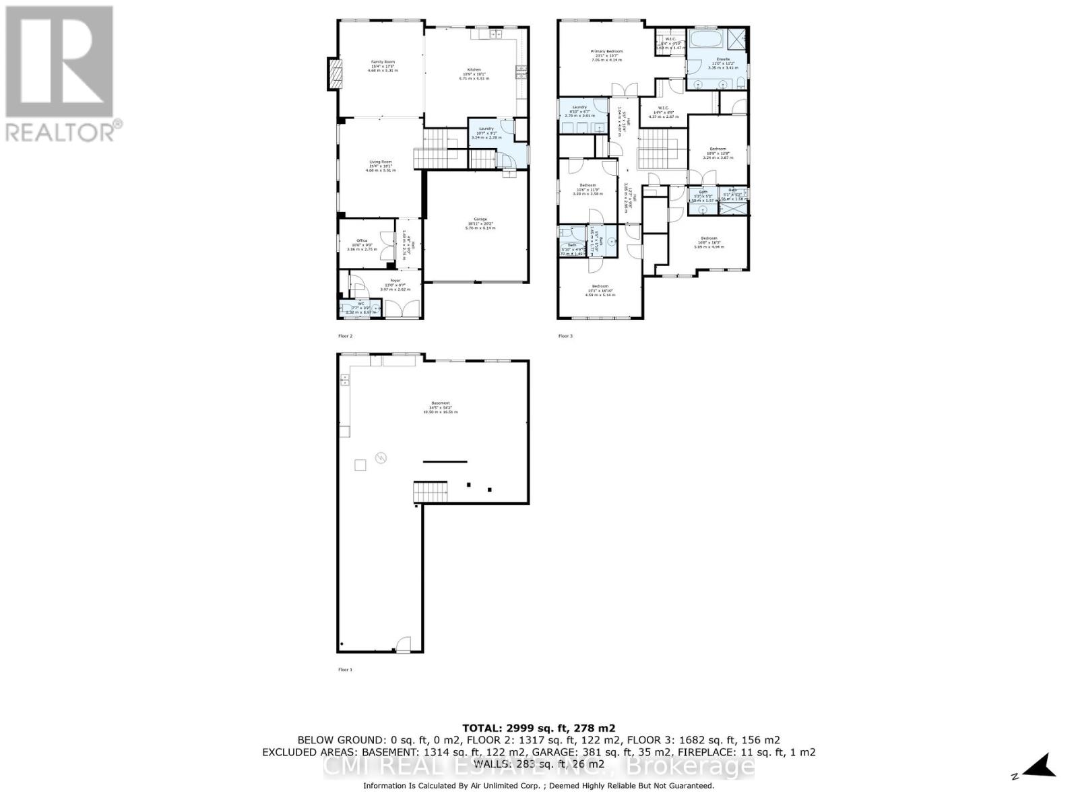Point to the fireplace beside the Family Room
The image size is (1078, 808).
[x=335, y=73]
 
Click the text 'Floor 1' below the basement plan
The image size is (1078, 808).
[x=345, y=669]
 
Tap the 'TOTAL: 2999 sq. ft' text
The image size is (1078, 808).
[x=538, y=728]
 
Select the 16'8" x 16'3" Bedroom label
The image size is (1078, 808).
[x=708, y=242]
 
